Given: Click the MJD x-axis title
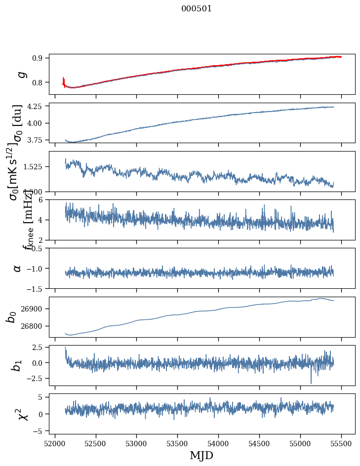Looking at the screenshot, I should click(x=201, y=455).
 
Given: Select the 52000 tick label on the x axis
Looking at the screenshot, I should click(x=55, y=444).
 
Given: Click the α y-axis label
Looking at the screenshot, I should click(x=17, y=268).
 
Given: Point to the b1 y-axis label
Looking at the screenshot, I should click(x=17, y=365).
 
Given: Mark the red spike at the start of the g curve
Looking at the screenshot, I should click(x=64, y=80).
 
